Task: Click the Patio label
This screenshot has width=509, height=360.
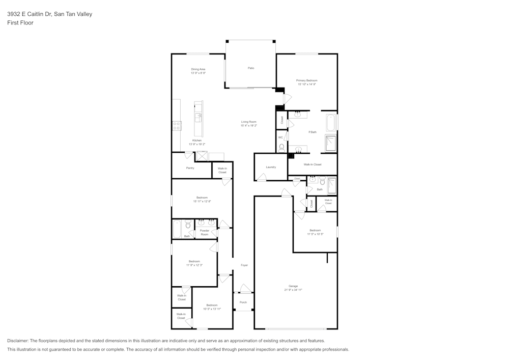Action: (x=251, y=68)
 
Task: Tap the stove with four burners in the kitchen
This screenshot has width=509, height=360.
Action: (x=177, y=126)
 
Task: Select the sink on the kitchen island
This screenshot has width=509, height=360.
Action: (x=199, y=117)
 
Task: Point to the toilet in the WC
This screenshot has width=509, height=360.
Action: (x=281, y=147)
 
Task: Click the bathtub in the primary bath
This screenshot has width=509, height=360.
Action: (x=331, y=123)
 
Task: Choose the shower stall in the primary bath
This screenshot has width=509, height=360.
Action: (x=331, y=143)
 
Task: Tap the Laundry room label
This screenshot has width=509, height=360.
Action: (x=271, y=167)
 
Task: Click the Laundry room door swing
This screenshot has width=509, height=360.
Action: (x=262, y=177)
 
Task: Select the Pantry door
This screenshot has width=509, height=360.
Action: (x=189, y=155)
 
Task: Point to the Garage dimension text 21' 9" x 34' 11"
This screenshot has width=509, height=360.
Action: (x=293, y=290)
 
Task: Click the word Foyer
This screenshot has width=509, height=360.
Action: (x=244, y=265)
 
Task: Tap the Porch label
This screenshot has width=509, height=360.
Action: (x=243, y=302)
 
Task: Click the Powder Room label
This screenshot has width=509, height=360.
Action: (x=204, y=233)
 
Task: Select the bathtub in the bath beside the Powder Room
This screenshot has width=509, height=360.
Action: (x=177, y=229)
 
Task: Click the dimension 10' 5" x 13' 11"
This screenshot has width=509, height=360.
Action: (x=212, y=309)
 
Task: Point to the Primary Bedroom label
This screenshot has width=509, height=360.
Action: (x=307, y=80)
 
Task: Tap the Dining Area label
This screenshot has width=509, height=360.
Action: (x=198, y=69)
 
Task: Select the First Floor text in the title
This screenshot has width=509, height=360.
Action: (x=20, y=23)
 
